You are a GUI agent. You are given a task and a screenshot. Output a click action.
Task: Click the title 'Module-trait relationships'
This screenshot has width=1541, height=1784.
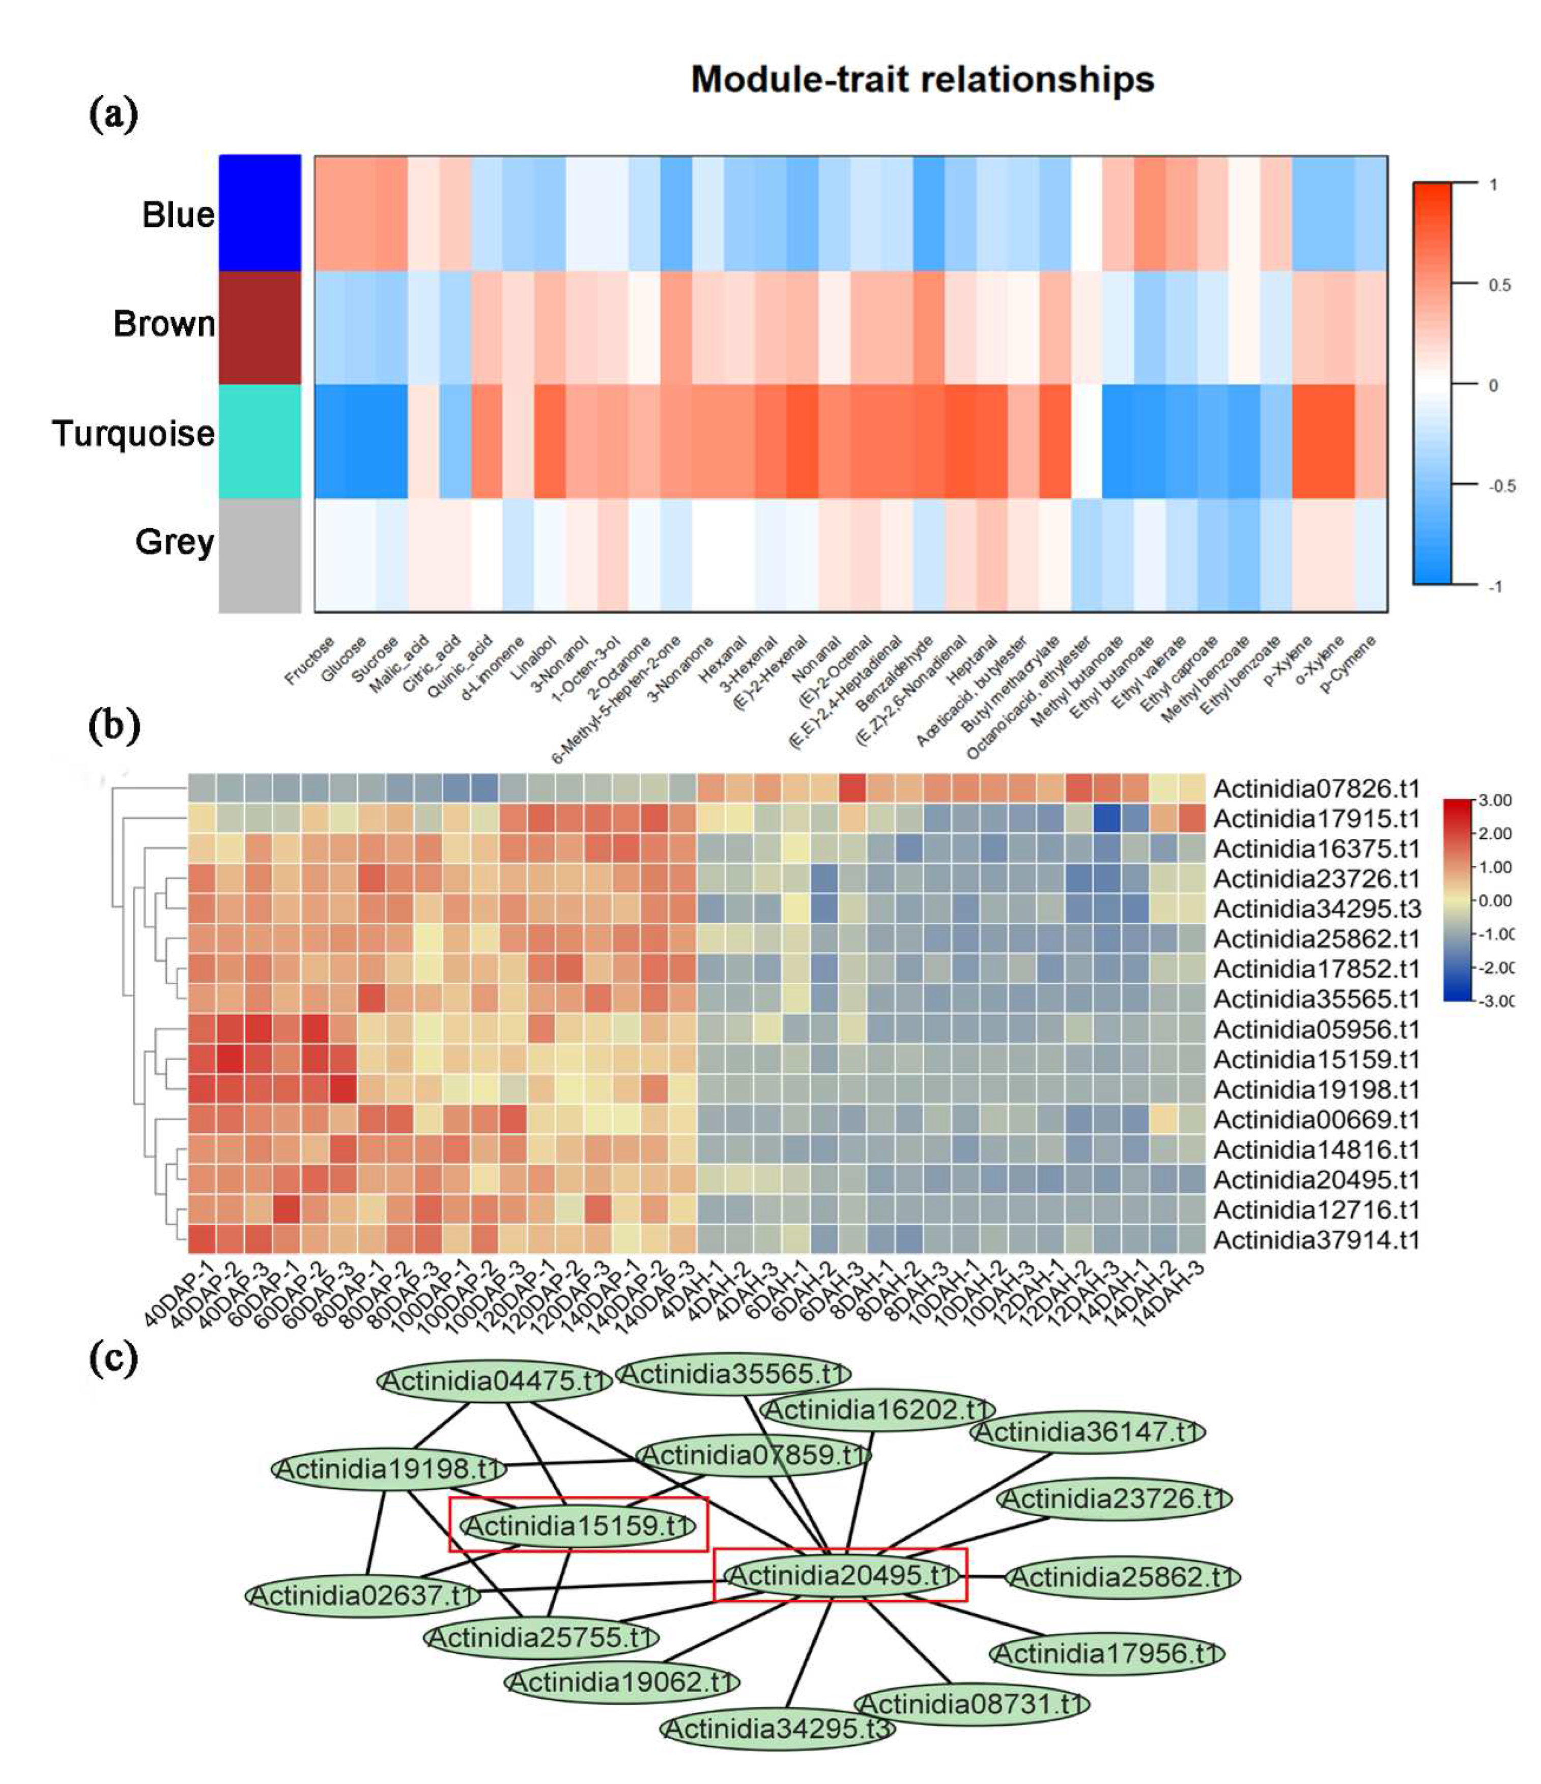pyautogui.click(x=922, y=79)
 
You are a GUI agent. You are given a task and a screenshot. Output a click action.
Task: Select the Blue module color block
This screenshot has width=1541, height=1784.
pyautogui.click(x=260, y=213)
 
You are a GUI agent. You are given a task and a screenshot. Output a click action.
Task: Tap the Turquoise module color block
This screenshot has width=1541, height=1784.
pyautogui.click(x=260, y=441)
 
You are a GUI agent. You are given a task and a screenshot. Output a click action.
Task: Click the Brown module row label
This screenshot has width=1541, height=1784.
pyautogui.click(x=164, y=324)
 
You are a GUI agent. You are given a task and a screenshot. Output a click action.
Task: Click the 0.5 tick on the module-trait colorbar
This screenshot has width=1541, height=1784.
pyautogui.click(x=1499, y=285)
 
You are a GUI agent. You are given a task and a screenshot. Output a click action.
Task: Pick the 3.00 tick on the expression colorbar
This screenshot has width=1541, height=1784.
pyautogui.click(x=1495, y=800)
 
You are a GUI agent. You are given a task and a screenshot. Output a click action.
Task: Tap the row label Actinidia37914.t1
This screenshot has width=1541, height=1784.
pyautogui.click(x=1316, y=1240)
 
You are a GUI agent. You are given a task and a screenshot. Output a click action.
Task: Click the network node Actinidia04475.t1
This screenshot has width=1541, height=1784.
pyautogui.click(x=494, y=1381)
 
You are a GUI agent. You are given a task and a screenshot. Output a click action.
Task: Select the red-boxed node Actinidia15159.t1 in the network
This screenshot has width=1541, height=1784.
pyautogui.click(x=578, y=1526)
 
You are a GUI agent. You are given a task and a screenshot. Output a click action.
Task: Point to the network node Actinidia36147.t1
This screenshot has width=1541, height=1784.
pyautogui.click(x=1088, y=1432)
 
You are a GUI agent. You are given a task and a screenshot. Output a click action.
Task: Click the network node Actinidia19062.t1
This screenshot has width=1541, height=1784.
pyautogui.click(x=621, y=1682)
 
